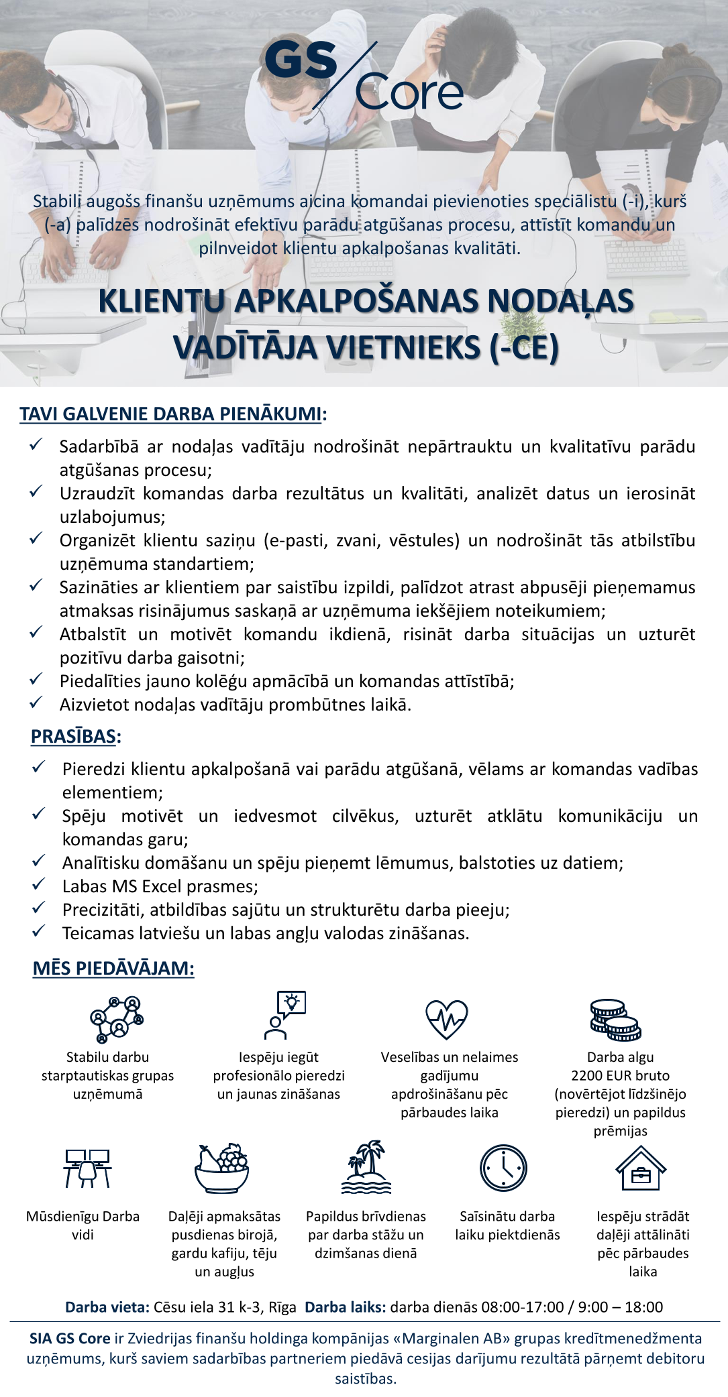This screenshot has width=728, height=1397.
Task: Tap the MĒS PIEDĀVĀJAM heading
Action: [113, 968]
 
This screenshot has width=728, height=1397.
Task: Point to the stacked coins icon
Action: [615, 1020]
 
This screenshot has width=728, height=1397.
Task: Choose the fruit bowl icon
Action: [223, 1168]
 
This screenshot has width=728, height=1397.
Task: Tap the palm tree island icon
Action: [366, 1167]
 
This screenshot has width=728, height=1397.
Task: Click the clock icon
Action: [503, 1168]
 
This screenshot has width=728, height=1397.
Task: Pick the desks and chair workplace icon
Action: [87, 1168]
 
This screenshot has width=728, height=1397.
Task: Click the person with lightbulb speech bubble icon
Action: [284, 1015]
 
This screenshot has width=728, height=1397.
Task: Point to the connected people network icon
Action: [117, 1019]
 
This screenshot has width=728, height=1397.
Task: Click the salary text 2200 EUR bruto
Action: [620, 1076]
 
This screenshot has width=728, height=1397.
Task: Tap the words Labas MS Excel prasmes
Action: [160, 886]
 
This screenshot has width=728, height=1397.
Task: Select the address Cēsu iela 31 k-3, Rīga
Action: [225, 1307]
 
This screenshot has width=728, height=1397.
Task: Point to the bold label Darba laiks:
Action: [345, 1307]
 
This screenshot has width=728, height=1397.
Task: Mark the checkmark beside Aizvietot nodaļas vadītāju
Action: [36, 703]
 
